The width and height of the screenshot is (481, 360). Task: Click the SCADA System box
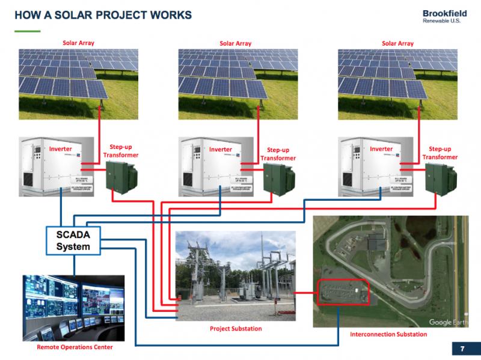click(73, 240)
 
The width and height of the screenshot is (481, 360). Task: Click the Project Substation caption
click(236, 329)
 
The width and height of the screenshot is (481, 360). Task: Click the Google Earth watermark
click(449, 322)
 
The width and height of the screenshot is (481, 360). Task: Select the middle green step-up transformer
click(282, 180)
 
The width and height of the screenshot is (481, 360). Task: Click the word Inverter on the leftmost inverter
click(61, 149)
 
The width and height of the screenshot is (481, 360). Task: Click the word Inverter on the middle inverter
click(221, 149)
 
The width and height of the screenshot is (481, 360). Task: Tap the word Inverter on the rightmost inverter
click(381, 149)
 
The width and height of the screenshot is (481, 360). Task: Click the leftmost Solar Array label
click(79, 43)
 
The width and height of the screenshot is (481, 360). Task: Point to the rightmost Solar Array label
click(398, 43)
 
